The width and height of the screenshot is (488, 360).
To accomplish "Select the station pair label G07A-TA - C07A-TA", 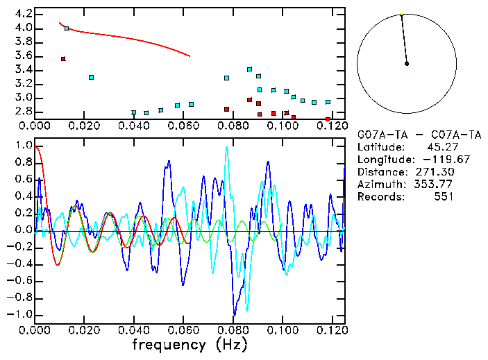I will (414, 134).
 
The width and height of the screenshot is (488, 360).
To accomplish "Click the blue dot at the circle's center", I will (407, 64).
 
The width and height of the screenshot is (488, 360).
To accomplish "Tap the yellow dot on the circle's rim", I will (401, 14).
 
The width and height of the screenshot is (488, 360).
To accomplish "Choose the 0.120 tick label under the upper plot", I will (331, 126).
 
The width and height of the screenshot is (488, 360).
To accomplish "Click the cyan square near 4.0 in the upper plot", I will (67, 28).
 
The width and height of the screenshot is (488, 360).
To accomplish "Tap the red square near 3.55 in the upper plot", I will (63, 59).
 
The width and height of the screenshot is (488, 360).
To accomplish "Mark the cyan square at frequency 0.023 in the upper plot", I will (91, 77).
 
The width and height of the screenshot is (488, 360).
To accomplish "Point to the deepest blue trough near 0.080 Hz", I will (235, 314).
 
